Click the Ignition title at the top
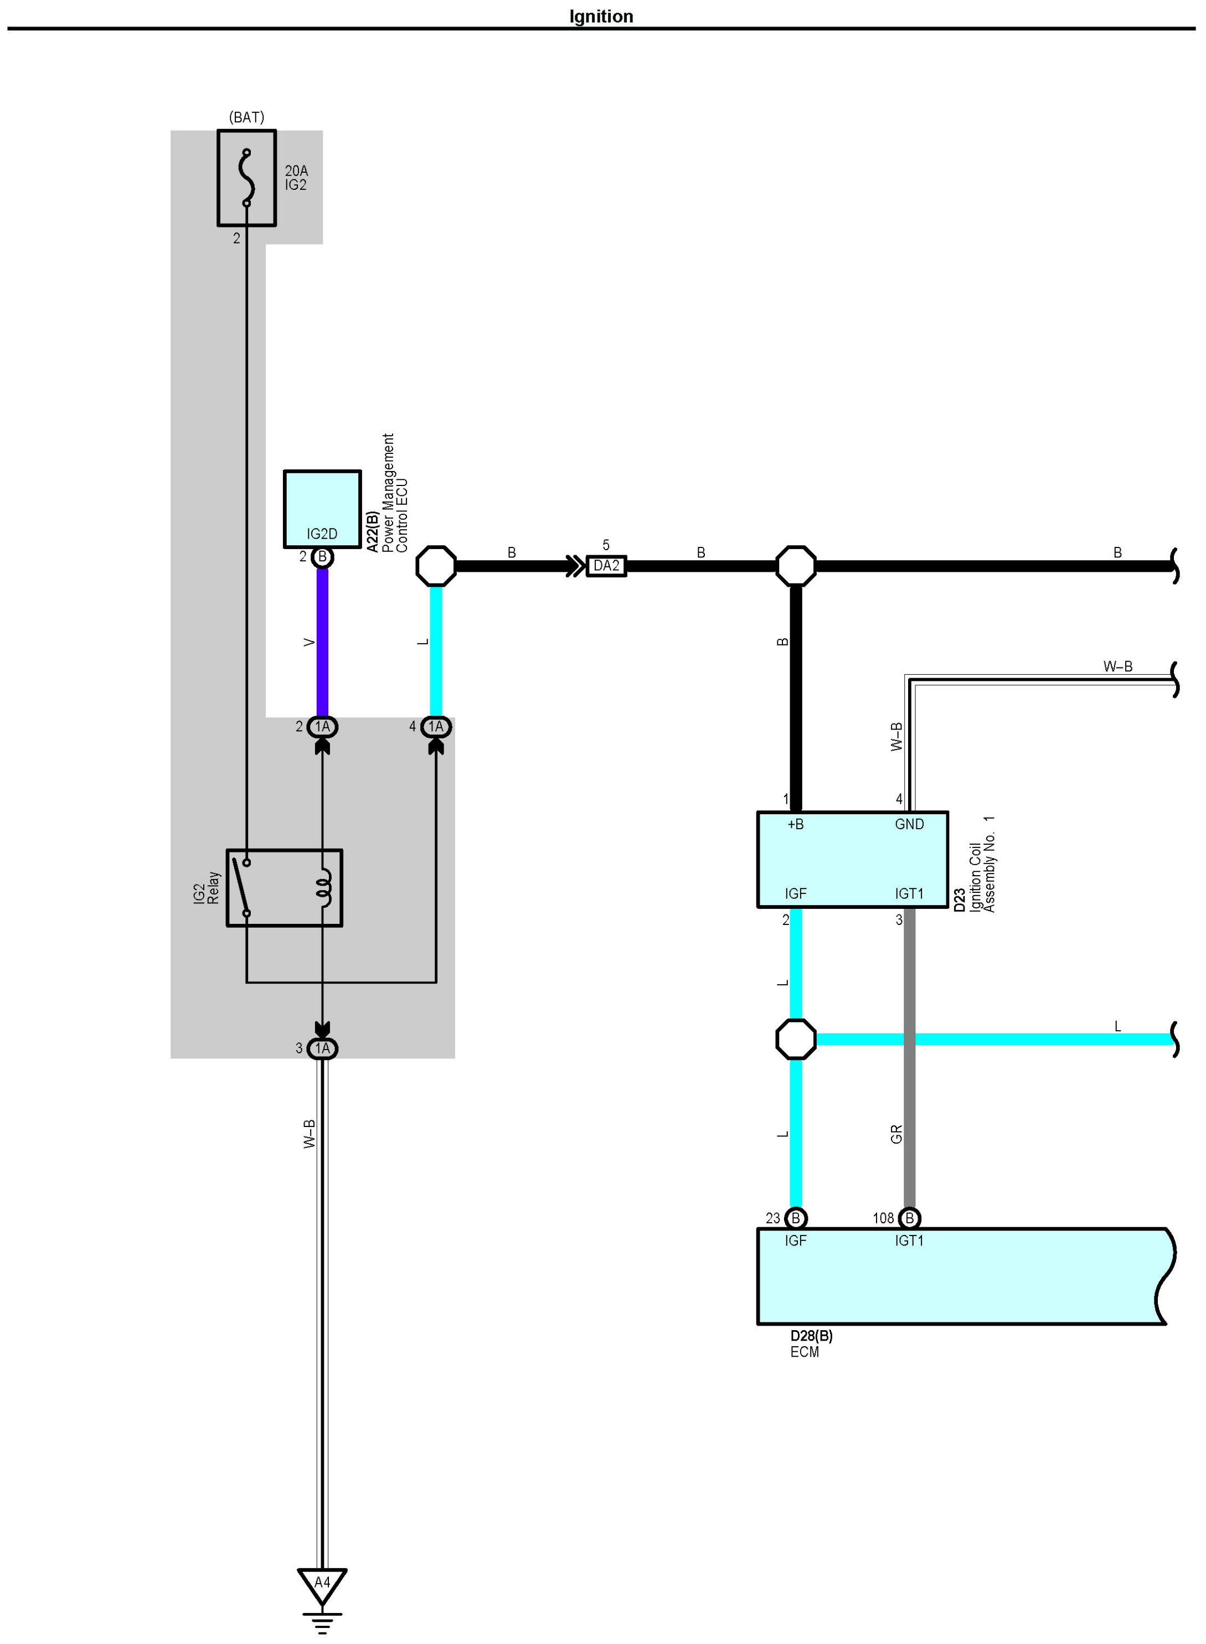pyautogui.click(x=601, y=16)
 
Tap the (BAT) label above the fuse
pyautogui.click(x=247, y=117)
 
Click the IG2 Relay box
pyautogui.click(x=284, y=888)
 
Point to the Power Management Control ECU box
pyautogui.click(x=322, y=509)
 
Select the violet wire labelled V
pyautogui.click(x=322, y=642)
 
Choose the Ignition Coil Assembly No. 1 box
pyautogui.click(x=853, y=860)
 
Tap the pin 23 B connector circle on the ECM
pyautogui.click(x=796, y=1218)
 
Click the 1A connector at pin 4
pyautogui.click(x=436, y=727)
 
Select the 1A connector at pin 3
pyautogui.click(x=322, y=1048)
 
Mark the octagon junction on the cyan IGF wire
pyautogui.click(x=796, y=1039)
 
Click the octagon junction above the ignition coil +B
pyautogui.click(x=796, y=566)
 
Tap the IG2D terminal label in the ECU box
pyautogui.click(x=322, y=534)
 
